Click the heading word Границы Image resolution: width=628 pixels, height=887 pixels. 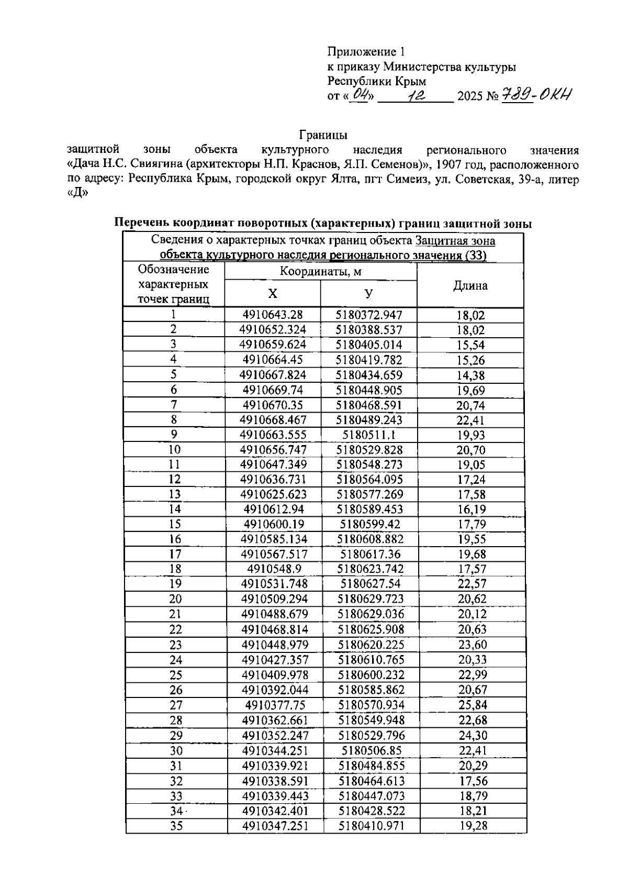click(323, 136)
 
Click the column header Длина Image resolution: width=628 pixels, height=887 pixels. click(470, 286)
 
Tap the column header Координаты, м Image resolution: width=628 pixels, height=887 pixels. click(320, 272)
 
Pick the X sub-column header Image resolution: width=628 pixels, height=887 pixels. click(273, 294)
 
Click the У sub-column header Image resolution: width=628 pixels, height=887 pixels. click(368, 294)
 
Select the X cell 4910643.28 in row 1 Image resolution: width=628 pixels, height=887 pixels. click(273, 315)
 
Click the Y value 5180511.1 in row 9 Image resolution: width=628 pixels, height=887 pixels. click(368, 435)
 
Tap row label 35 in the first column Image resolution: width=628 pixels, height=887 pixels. click(176, 826)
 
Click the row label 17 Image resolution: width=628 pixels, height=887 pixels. click(175, 555)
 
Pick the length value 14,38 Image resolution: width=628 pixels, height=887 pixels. click(470, 375)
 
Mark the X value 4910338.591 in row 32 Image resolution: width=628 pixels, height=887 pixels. click(275, 781)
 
